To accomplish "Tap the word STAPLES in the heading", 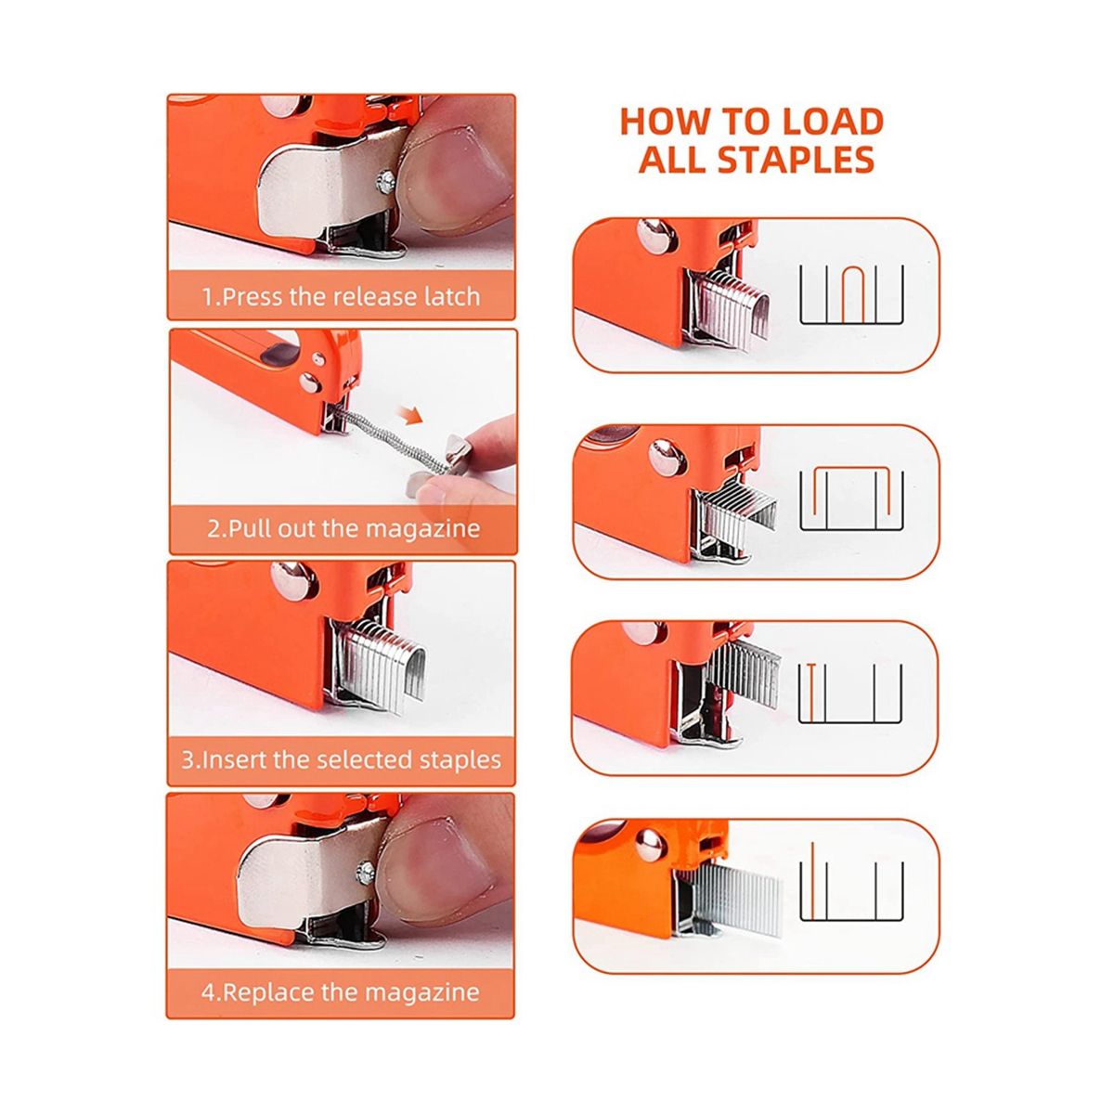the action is [795, 160].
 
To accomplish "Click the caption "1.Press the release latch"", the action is [341, 296].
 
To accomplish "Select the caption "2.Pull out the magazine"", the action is [343, 528].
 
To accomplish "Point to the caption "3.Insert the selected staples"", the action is [341, 759].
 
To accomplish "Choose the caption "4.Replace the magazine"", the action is [341, 992].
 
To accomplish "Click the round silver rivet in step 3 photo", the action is [294, 579].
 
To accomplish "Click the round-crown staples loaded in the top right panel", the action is [734, 308].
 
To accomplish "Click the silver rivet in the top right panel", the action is [656, 236].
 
